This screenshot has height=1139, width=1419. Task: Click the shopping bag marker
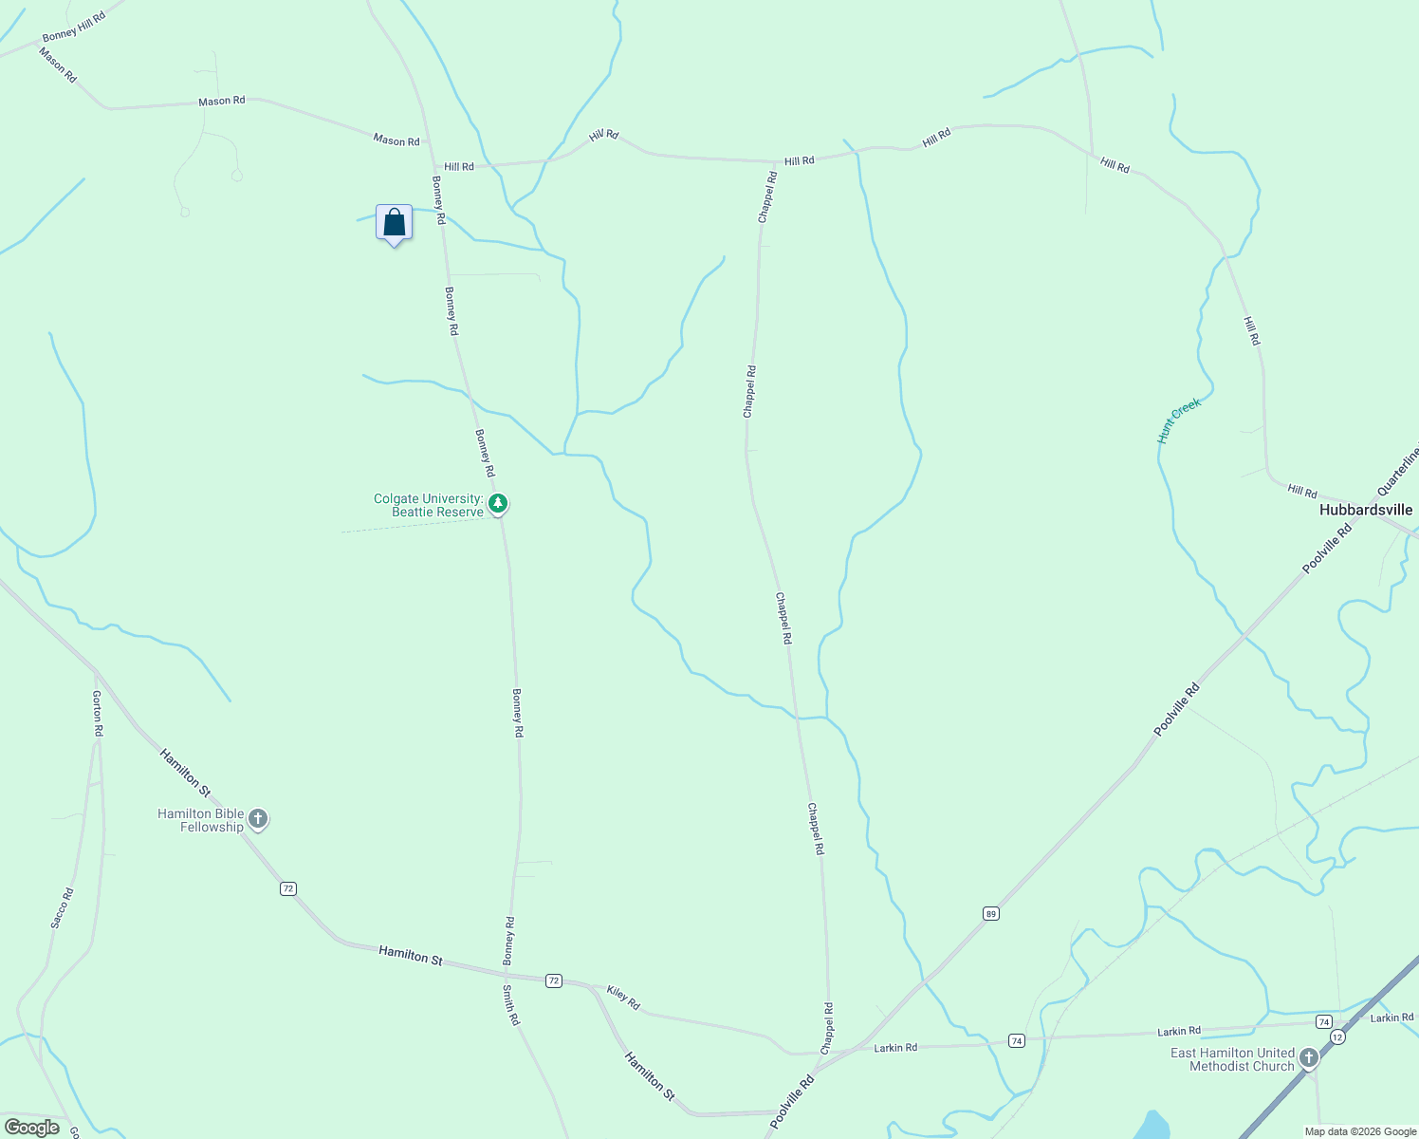click(394, 223)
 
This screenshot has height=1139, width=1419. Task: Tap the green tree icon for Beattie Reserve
click(497, 504)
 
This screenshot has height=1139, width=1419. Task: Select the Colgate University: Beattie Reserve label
click(429, 505)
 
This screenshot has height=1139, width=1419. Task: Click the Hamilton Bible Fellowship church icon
click(258, 819)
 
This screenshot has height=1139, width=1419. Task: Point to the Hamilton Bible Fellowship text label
click(200, 820)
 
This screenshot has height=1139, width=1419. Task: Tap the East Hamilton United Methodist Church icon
click(1309, 1057)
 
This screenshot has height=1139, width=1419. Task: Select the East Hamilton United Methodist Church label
click(1232, 1059)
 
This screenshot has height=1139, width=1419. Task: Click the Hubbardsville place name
click(1365, 510)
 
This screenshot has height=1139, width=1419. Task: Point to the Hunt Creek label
click(1179, 420)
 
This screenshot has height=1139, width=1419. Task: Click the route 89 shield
click(990, 914)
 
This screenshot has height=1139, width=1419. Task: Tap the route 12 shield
click(1336, 1037)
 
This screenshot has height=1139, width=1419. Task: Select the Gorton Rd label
click(97, 714)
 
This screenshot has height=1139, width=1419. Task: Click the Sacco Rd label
click(61, 907)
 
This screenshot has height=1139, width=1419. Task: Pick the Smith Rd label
click(511, 1005)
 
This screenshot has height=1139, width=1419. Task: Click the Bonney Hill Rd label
click(74, 27)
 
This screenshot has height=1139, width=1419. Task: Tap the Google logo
click(32, 1128)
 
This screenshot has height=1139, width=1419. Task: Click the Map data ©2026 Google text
click(1359, 1131)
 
